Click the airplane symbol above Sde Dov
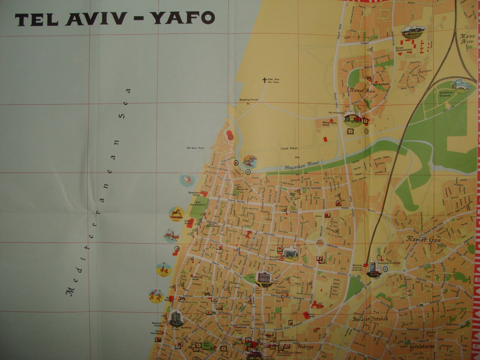[x=264, y=80]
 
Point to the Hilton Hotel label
[x=188, y=222]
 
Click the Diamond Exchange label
[x=394, y=263]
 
